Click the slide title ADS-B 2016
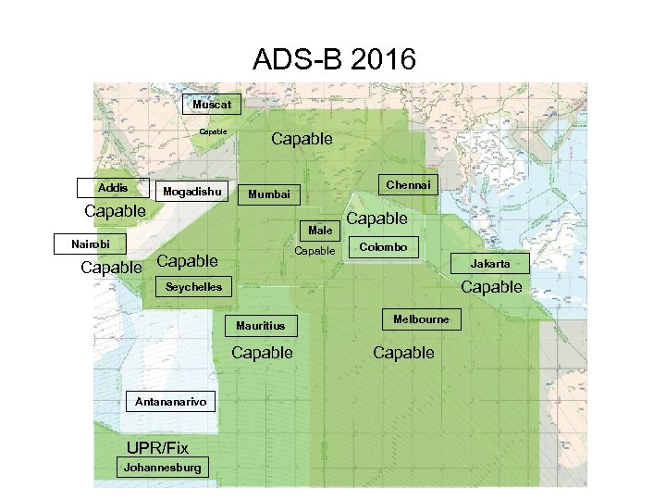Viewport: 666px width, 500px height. click(x=334, y=60)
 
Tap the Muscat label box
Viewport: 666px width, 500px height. click(x=212, y=105)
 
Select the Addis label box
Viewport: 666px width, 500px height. click(x=113, y=188)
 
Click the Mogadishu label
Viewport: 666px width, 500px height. click(x=191, y=192)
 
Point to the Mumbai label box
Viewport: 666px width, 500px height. click(x=269, y=194)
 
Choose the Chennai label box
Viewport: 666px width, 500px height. click(x=408, y=185)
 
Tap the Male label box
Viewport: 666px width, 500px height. click(x=320, y=230)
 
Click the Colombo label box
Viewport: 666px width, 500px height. click(x=382, y=247)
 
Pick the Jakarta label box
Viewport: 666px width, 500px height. click(x=489, y=264)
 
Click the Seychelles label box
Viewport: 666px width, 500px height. click(x=193, y=287)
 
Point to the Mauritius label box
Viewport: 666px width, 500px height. click(x=260, y=326)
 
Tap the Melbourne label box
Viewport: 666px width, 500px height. click(x=421, y=319)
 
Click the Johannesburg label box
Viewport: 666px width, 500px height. click(x=162, y=468)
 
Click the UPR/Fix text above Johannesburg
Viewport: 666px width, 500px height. click(x=157, y=448)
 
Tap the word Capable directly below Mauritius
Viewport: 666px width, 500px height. click(x=262, y=353)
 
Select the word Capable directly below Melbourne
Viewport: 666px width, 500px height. click(x=403, y=353)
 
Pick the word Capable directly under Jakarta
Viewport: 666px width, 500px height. click(x=491, y=287)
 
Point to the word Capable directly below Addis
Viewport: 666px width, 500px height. click(x=115, y=211)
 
